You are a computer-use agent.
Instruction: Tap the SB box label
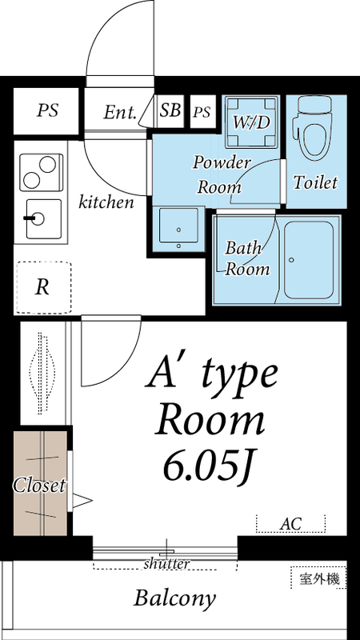170,110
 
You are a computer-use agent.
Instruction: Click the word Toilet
315,182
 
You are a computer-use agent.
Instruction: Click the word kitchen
106,202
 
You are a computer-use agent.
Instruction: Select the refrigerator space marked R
42,287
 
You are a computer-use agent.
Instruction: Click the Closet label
38,486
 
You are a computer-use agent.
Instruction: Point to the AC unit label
290,525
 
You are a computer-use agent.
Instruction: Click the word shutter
167,564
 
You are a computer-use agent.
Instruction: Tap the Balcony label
175,598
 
